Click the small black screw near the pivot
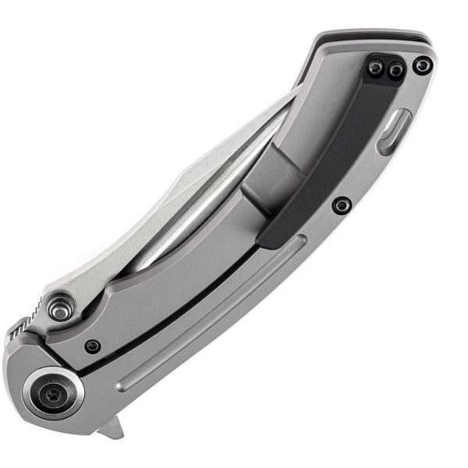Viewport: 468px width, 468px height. [x=93, y=346]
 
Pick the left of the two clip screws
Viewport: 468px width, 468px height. [x=376, y=69]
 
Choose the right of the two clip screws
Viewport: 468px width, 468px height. [x=395, y=71]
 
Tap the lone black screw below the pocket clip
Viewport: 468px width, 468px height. [x=341, y=206]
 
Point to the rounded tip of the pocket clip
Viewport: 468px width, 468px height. [x=269, y=238]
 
